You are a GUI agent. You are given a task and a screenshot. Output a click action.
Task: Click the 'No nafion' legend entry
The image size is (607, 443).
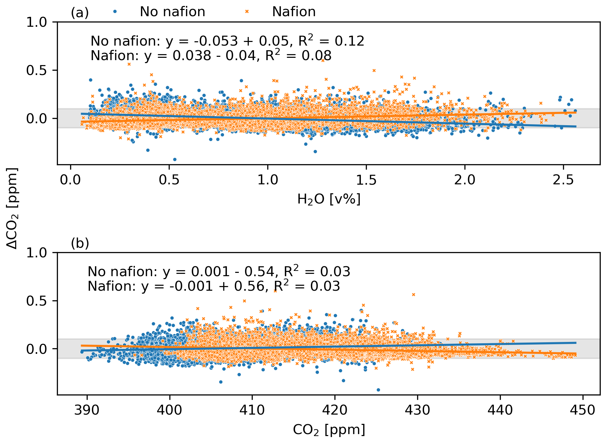(x=172, y=12)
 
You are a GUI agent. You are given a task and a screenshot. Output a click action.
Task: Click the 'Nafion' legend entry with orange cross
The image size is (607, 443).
(x=293, y=12)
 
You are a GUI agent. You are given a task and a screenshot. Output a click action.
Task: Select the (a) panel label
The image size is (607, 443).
(x=80, y=13)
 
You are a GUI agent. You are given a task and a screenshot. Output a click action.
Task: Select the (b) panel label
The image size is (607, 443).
(x=80, y=243)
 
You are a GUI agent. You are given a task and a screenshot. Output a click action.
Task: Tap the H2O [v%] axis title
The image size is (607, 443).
(x=329, y=199)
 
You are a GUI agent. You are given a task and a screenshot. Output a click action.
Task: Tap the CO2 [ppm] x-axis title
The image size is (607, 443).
(x=329, y=430)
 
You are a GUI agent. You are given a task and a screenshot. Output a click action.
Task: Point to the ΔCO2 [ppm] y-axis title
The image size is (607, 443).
(x=13, y=208)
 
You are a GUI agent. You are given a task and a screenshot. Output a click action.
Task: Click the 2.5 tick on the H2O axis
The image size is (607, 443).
(x=563, y=180)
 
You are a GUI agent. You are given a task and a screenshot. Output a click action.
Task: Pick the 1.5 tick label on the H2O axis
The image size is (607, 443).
(x=366, y=180)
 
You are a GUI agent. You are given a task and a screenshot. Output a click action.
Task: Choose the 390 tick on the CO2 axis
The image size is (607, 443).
(x=87, y=410)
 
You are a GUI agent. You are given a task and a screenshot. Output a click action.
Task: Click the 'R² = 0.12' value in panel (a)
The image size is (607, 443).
(x=331, y=41)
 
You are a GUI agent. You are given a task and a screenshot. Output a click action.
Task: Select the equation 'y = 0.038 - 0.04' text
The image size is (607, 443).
(x=200, y=56)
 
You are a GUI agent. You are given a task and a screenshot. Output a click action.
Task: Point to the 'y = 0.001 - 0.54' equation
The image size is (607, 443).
(x=219, y=272)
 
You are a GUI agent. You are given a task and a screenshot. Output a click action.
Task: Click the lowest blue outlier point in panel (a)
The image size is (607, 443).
(x=175, y=159)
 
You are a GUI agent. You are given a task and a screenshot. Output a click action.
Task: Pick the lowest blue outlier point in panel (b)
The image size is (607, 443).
(x=378, y=390)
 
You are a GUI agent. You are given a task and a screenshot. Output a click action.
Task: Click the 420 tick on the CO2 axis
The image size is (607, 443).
(x=335, y=410)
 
